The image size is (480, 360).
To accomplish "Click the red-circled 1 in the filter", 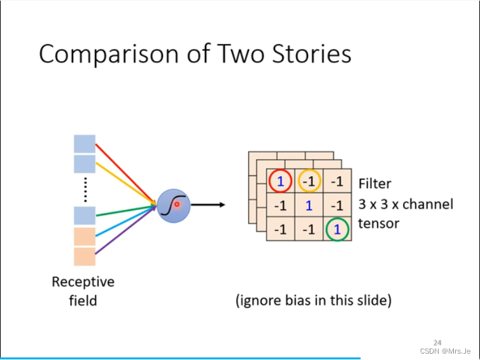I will [280, 181].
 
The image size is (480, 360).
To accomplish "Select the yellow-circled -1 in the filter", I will [309, 181].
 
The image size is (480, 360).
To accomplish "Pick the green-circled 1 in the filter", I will [337, 230].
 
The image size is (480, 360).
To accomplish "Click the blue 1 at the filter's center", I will [309, 205].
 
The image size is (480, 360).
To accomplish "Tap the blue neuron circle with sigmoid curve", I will [173, 205].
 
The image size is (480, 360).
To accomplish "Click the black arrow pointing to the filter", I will [208, 205].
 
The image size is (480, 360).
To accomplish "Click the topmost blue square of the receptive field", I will [85, 144].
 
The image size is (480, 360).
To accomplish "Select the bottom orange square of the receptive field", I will [85, 256].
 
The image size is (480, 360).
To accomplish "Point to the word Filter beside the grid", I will [375, 184].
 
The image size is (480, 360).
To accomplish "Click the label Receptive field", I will [83, 291].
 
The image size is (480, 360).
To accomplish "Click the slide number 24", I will [437, 342].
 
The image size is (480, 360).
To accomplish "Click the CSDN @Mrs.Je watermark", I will [445, 351].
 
